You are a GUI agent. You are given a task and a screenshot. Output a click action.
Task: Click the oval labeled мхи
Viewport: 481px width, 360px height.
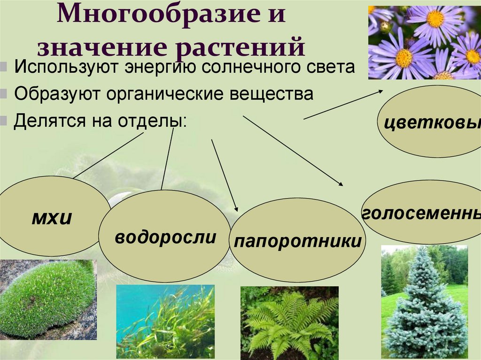pos(52,216)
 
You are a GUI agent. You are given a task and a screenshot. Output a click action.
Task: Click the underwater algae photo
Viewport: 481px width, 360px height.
pos(165,322)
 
